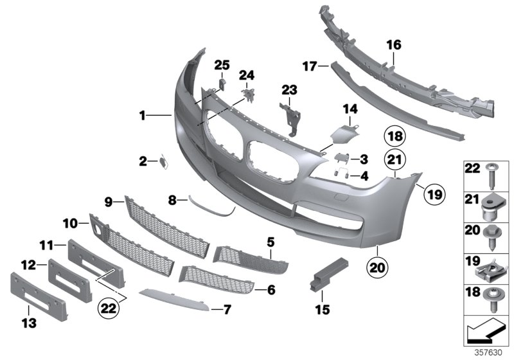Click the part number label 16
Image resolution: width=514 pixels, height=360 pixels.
(393, 45)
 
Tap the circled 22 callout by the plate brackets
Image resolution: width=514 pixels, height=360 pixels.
(109, 310)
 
